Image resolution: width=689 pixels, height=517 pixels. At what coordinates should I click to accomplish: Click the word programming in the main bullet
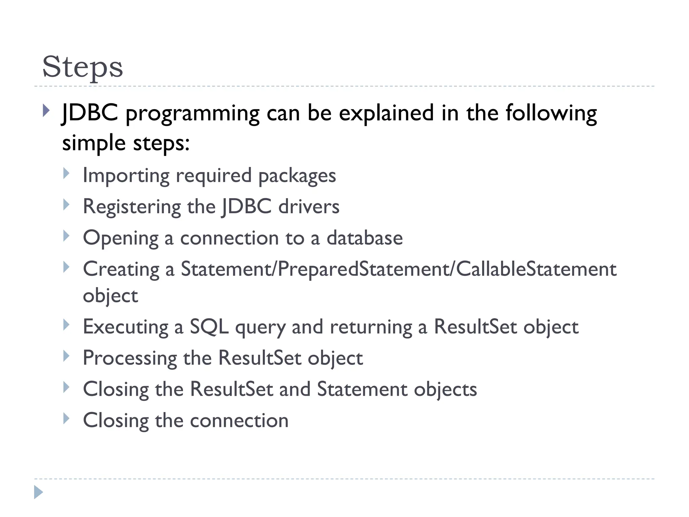pyautogui.click(x=192, y=113)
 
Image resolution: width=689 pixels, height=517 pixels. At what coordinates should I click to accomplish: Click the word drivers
pyautogui.click(x=309, y=206)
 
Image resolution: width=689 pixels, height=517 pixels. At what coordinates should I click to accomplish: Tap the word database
pyautogui.click(x=365, y=238)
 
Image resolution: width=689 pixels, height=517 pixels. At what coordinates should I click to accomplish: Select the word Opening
pyautogui.click(x=120, y=238)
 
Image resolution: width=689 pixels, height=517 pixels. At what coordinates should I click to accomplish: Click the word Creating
pyautogui.click(x=121, y=269)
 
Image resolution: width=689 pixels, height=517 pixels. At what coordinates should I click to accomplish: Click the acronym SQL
pyautogui.click(x=209, y=327)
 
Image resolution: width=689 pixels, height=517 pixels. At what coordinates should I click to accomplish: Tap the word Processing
pyautogui.click(x=130, y=358)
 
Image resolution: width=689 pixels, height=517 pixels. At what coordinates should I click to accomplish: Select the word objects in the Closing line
pyautogui.click(x=445, y=389)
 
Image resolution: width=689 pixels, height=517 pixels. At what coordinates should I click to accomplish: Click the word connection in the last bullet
pyautogui.click(x=239, y=420)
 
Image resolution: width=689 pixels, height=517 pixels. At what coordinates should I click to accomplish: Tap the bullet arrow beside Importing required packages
pyautogui.click(x=66, y=173)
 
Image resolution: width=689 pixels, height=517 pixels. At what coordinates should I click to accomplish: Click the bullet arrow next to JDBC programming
pyautogui.click(x=46, y=110)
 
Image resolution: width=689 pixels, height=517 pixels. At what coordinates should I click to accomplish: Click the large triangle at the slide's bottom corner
pyautogui.click(x=38, y=492)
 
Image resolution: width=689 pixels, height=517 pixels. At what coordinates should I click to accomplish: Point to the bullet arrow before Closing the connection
pyautogui.click(x=66, y=418)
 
